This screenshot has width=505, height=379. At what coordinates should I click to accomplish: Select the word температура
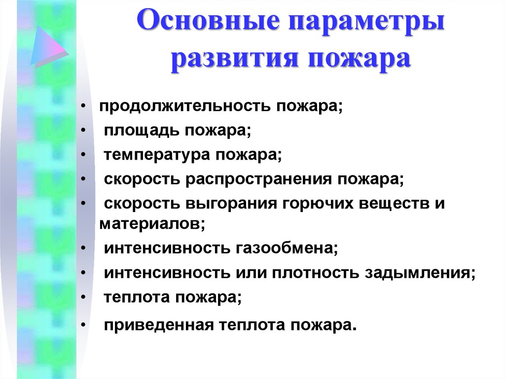156,156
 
